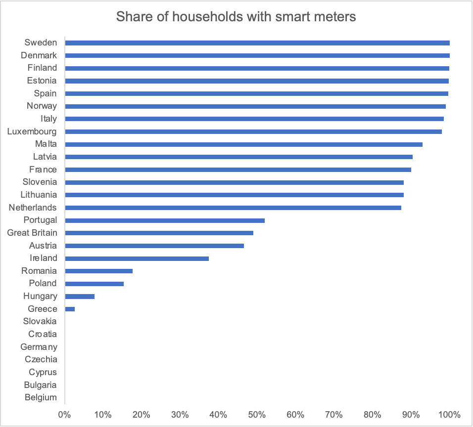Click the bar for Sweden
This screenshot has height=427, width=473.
tap(257, 43)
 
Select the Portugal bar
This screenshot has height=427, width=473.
tap(165, 220)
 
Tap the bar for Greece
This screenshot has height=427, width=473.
tap(70, 309)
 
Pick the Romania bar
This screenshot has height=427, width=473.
tap(98, 271)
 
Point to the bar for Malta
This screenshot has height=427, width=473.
tap(243, 144)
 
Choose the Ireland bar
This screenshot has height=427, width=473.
tap(137, 258)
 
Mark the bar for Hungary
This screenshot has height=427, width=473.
tap(80, 297)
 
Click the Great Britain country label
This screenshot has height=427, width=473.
tap(32, 233)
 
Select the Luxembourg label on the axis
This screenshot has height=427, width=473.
tap(32, 131)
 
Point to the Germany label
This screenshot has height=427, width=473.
tap(39, 347)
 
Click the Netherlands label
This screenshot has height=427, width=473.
tap(33, 208)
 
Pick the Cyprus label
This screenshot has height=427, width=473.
tap(43, 372)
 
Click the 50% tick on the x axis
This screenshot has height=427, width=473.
tap(257, 414)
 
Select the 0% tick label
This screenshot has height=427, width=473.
tap(64, 414)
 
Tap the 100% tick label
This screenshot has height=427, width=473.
tap(449, 414)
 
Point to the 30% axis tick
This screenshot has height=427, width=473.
tap(180, 414)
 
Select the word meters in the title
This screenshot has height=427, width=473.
tap(332, 17)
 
